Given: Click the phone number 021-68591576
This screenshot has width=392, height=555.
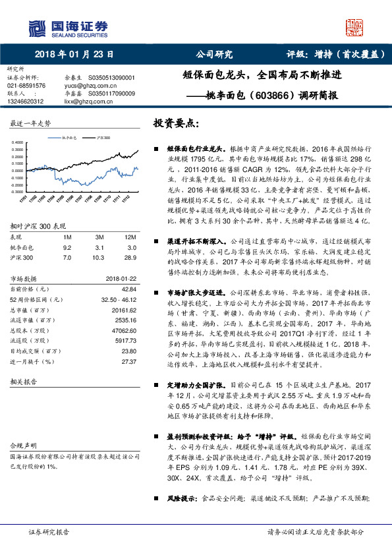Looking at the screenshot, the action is tap(26, 86).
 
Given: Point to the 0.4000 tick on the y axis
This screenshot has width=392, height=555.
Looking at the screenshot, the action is tap(20, 143).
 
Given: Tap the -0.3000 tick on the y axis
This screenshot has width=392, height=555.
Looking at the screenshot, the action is tap(20, 192).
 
